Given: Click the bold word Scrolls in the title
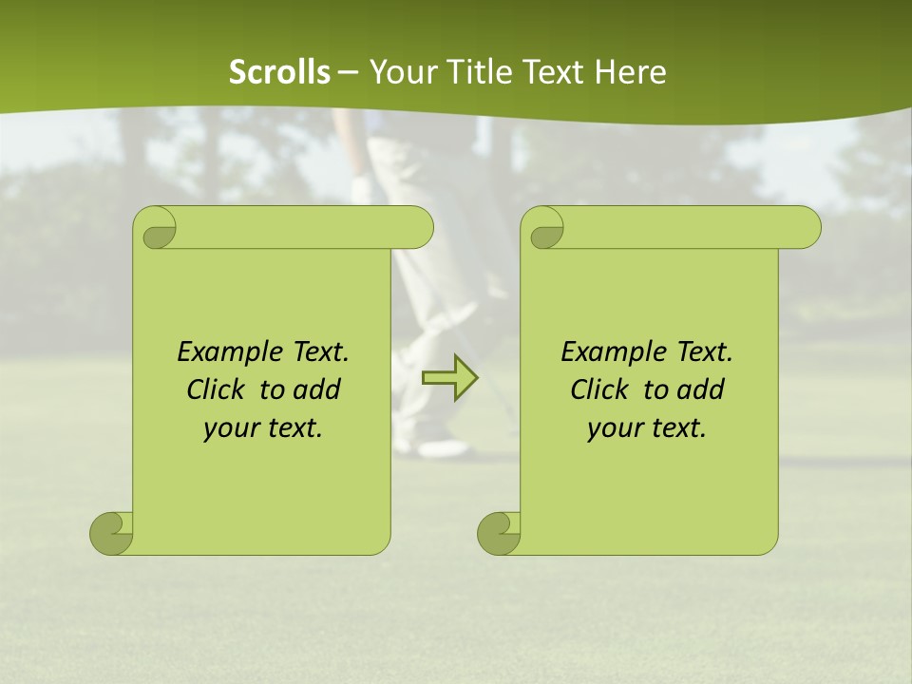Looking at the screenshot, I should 279,72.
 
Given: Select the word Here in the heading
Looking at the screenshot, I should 630,72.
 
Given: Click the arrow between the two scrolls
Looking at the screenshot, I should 449,378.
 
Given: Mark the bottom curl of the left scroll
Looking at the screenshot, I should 112,533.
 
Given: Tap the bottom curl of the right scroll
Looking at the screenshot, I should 500,533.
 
